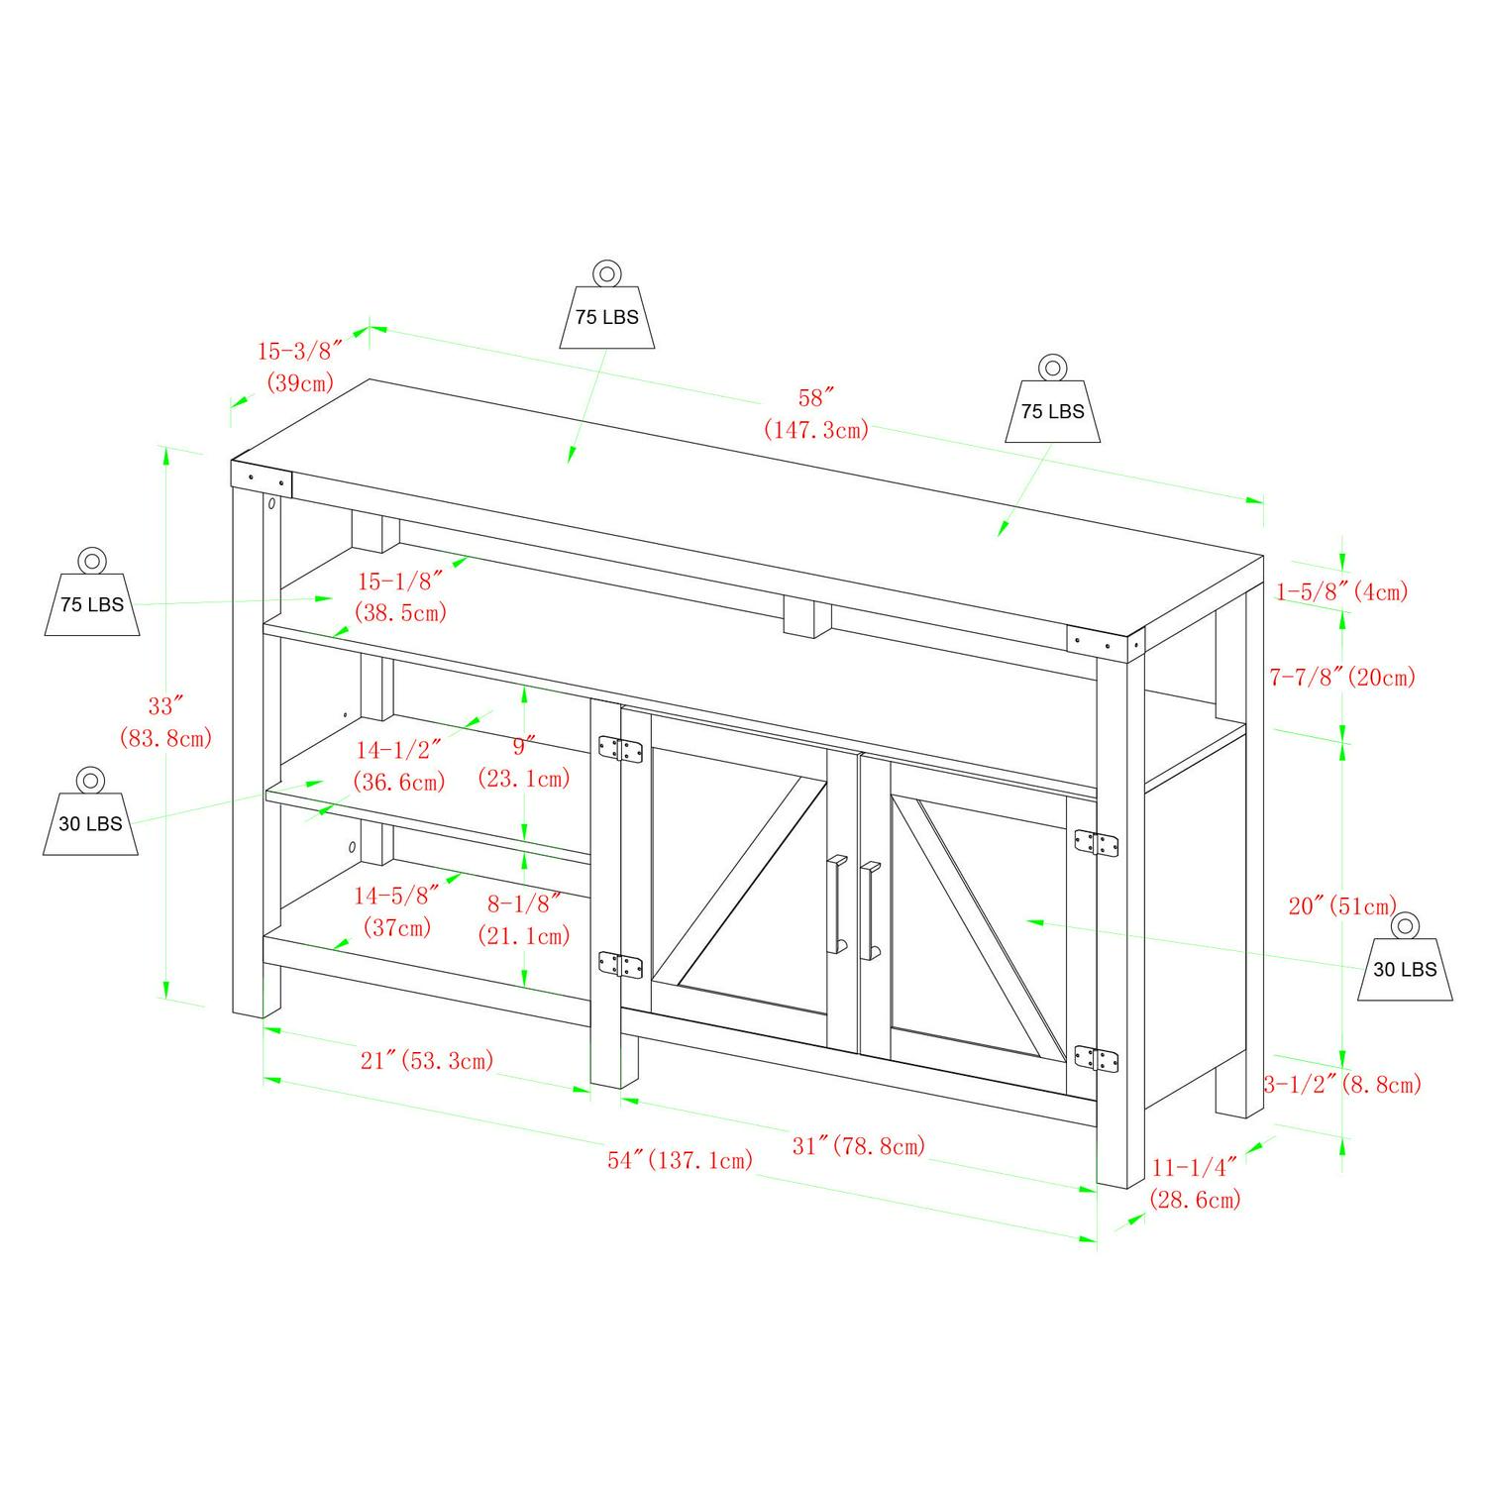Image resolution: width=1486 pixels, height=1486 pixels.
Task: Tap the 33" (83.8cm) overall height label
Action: click(165, 721)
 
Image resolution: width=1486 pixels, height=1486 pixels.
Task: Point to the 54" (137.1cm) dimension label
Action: click(681, 1159)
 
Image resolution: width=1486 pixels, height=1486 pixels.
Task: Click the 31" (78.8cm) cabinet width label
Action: click(859, 1145)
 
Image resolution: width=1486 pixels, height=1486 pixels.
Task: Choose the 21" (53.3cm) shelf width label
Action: click(427, 1060)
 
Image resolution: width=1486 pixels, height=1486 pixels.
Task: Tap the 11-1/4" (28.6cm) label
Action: click(1195, 1184)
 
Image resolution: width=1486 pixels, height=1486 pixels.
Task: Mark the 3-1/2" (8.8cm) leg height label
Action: click(1342, 1084)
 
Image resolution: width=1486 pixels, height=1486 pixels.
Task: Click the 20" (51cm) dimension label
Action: click(1342, 905)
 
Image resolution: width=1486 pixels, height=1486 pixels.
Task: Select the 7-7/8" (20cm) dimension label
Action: click(1342, 677)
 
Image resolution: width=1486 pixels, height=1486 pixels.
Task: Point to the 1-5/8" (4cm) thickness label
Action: click(1341, 592)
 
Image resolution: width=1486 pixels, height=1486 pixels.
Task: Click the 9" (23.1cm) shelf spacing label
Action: click(524, 762)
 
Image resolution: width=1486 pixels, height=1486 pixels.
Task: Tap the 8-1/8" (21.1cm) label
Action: click(524, 918)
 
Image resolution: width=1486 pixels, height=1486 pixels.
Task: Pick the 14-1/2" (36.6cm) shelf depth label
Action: click(399, 766)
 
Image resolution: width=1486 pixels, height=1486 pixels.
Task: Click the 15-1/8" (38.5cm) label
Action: click(401, 596)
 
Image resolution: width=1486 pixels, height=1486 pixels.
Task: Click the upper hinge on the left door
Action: click(621, 749)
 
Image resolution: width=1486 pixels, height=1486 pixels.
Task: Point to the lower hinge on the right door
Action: click(1098, 1058)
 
